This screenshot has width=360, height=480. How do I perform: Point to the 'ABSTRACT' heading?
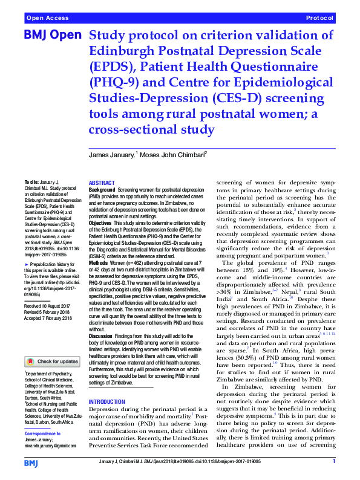click(102, 183)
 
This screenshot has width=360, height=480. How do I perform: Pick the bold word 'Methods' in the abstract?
click(99, 264)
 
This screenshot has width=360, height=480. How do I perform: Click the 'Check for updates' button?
click(53, 361)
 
